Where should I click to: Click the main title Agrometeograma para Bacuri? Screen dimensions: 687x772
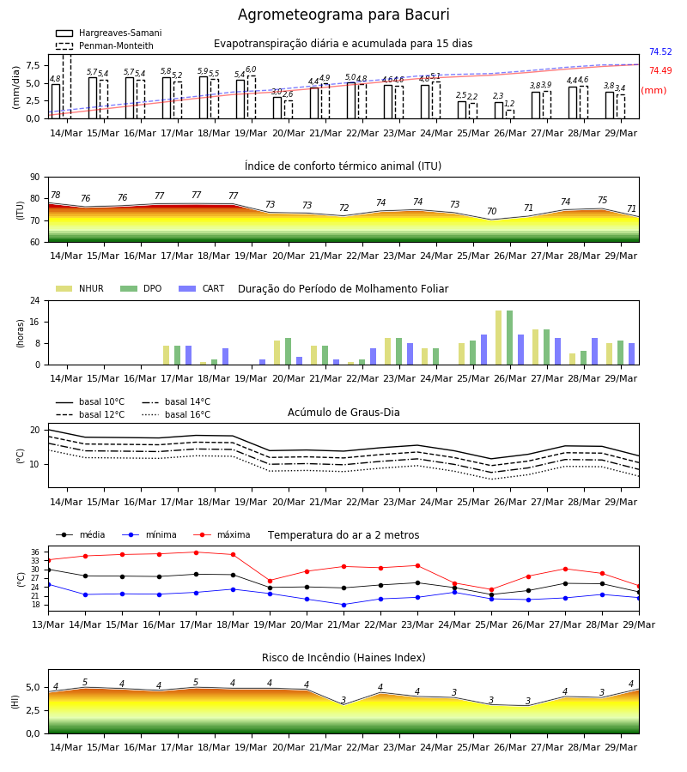(x=343, y=15)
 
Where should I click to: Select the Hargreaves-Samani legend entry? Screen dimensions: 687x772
(x=109, y=33)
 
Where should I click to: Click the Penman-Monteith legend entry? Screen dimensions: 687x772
(x=105, y=45)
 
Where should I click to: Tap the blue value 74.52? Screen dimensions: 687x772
(x=660, y=51)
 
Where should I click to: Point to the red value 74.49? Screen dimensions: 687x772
(x=660, y=70)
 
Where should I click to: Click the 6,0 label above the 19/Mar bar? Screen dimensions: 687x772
(x=251, y=69)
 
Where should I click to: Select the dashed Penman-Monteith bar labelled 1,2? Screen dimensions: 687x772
(x=509, y=114)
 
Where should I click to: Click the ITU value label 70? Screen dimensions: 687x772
(x=491, y=211)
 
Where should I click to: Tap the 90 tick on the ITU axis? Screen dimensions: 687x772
(x=35, y=178)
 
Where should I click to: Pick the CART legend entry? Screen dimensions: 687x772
(x=202, y=288)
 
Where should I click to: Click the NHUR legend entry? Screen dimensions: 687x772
(x=80, y=288)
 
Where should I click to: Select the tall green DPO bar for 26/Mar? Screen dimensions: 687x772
(x=509, y=338)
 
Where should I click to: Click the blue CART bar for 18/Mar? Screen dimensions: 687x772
(x=225, y=357)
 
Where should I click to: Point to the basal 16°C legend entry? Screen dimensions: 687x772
(x=176, y=414)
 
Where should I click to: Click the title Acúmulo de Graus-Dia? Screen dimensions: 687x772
(x=343, y=412)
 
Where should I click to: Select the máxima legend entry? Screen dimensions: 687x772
(x=222, y=534)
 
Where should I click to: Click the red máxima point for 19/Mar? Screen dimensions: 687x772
(x=270, y=581)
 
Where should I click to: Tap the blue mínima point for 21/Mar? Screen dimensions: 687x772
(x=343, y=605)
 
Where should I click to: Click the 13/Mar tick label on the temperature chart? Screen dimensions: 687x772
(x=48, y=624)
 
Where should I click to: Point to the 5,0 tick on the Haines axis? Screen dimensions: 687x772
(x=33, y=687)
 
